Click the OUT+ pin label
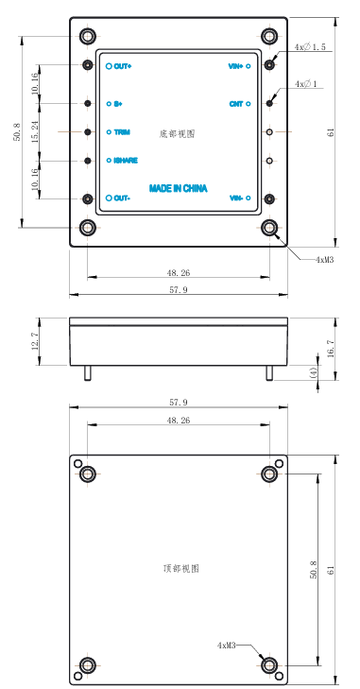coord(123,66)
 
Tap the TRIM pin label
coord(122,131)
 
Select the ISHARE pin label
coord(126,161)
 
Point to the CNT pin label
coord(236,104)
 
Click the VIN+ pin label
coord(236,66)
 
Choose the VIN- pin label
coord(236,198)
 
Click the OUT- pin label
coord(122,198)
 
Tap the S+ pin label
coord(118,104)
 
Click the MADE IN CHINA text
coord(178,188)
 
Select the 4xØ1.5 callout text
coord(310,46)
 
